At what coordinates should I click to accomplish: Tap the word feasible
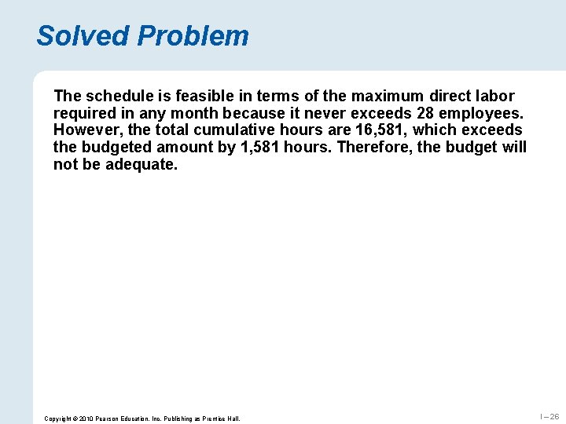tap(196, 96)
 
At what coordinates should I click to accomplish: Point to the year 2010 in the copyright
tap(85, 419)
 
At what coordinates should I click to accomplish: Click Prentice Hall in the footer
tap(219, 419)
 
